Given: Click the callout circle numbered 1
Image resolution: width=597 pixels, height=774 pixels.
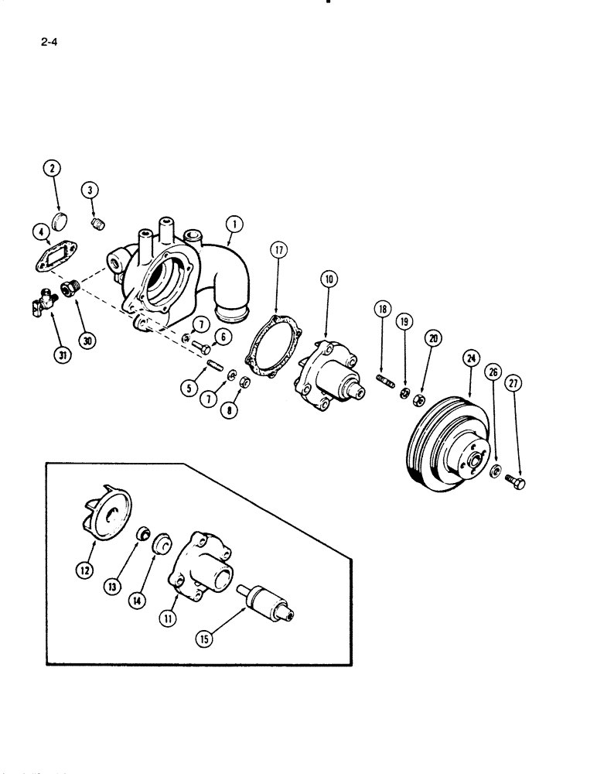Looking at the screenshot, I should click(236, 224).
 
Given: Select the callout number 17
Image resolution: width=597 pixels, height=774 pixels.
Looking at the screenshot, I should click(90, 190).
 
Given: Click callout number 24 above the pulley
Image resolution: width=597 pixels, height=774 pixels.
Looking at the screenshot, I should click(471, 359).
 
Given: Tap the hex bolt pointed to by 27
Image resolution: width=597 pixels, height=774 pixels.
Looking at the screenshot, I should click(517, 481).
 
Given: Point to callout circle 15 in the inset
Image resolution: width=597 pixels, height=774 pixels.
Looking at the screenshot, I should click(204, 639).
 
